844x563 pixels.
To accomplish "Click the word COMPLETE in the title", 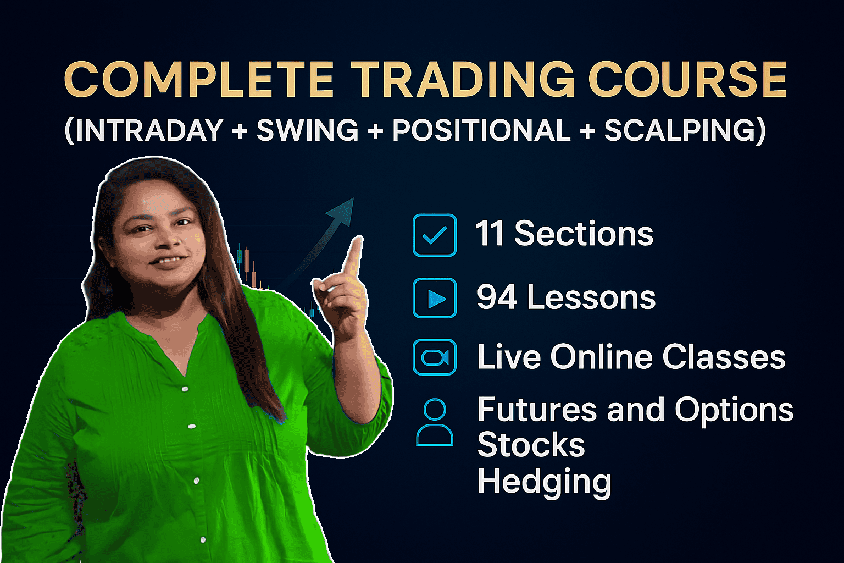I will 199,80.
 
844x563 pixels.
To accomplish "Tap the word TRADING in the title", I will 463,80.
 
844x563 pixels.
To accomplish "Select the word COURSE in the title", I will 688,80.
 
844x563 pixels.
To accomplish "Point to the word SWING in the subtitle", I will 307,131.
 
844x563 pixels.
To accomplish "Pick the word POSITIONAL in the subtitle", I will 481,131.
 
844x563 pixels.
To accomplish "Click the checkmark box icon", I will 435,235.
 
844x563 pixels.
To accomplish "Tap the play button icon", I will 435,299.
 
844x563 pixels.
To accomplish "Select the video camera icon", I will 435,357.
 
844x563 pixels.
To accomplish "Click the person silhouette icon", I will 435,422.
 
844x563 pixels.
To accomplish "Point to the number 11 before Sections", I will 490,234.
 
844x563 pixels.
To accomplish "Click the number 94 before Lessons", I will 497,297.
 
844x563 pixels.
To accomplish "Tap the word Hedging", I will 544,482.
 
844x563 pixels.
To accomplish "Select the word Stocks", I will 531,445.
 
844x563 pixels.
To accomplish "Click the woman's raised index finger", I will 353,255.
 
